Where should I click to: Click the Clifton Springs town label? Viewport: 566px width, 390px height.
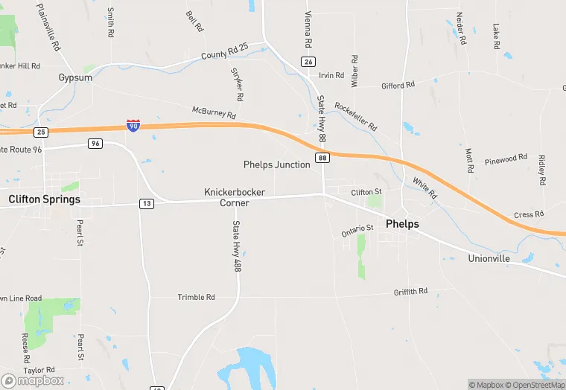click(x=44, y=199)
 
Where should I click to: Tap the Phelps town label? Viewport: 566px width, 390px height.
click(x=402, y=224)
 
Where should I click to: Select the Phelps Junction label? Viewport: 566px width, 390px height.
click(x=277, y=164)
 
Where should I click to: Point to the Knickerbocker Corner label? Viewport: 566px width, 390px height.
click(x=235, y=197)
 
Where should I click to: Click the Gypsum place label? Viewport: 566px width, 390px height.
click(x=75, y=77)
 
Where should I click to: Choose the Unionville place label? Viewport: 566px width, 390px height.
click(x=489, y=258)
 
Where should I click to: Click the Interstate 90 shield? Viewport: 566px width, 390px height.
click(x=133, y=126)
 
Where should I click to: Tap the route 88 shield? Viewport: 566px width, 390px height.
click(x=322, y=158)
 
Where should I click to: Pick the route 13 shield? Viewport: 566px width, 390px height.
click(x=147, y=204)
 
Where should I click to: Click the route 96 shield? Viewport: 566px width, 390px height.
click(x=95, y=143)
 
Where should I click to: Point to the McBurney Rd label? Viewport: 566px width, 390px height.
click(x=214, y=113)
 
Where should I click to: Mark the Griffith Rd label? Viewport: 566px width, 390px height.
click(x=410, y=292)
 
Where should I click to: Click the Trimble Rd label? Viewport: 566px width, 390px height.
click(x=196, y=297)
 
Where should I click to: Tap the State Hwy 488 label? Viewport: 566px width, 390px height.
click(x=237, y=246)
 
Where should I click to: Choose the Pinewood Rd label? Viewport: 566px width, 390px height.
click(x=506, y=159)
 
